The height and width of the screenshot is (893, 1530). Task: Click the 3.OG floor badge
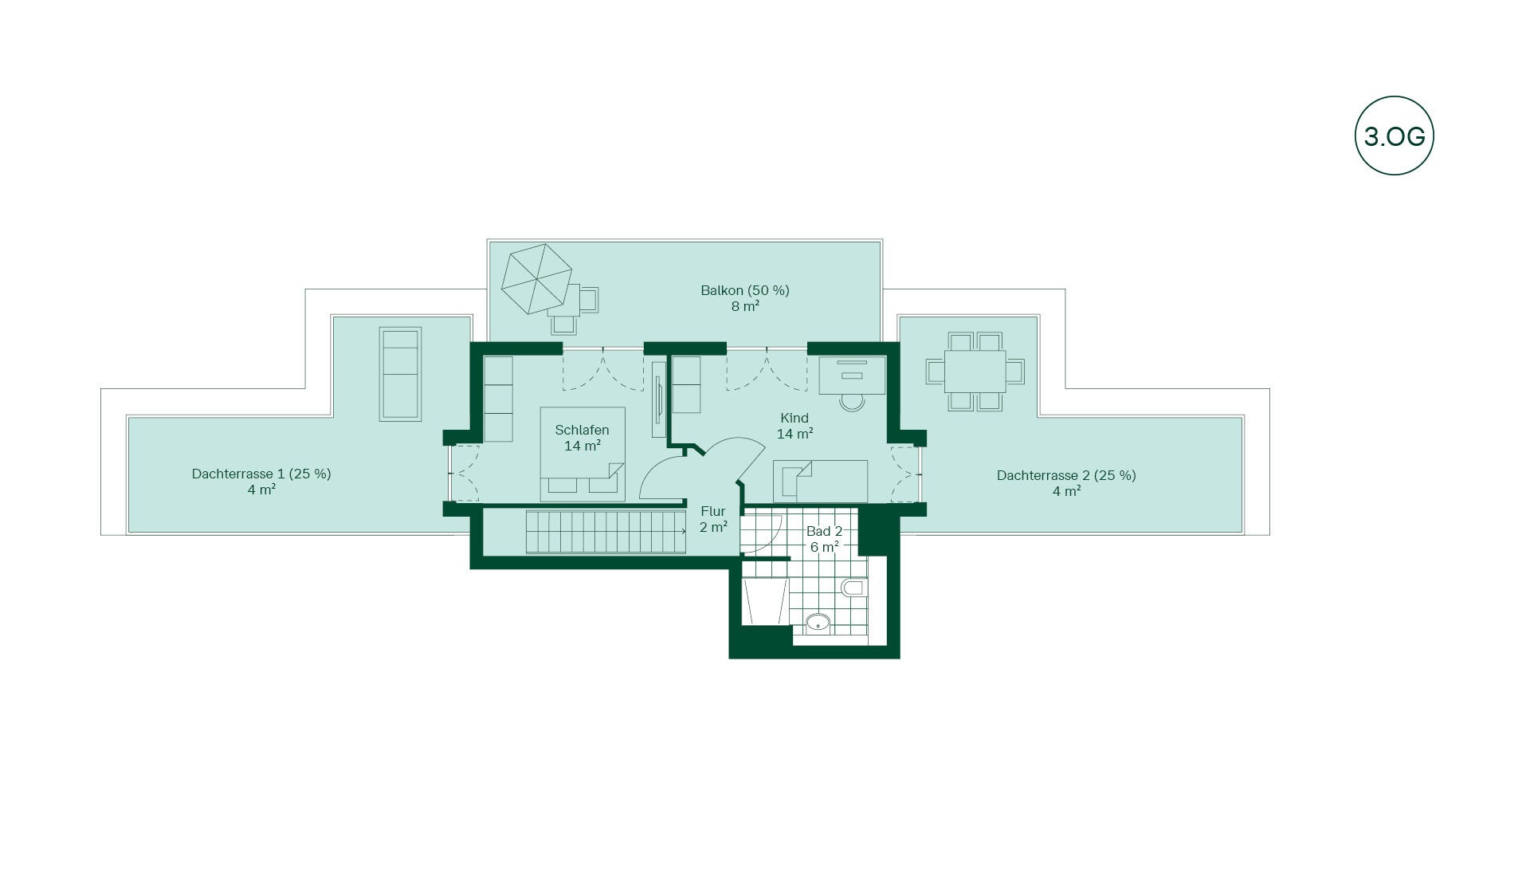click(x=1394, y=136)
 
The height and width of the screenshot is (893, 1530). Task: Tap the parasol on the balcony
click(x=536, y=279)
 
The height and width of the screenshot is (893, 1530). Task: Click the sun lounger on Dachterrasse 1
click(x=400, y=373)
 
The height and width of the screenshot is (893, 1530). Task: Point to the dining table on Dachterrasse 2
click(x=975, y=371)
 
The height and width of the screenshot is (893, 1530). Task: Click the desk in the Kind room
click(x=852, y=375)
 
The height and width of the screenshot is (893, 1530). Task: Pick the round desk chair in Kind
click(x=852, y=403)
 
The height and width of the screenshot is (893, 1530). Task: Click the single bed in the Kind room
click(x=821, y=481)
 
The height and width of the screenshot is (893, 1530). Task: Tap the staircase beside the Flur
click(x=606, y=532)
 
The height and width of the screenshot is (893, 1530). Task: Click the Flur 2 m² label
click(x=713, y=519)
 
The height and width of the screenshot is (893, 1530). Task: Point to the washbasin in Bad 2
click(x=818, y=623)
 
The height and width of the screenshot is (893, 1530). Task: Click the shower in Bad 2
click(x=763, y=602)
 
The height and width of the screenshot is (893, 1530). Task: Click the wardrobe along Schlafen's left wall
click(x=498, y=399)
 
